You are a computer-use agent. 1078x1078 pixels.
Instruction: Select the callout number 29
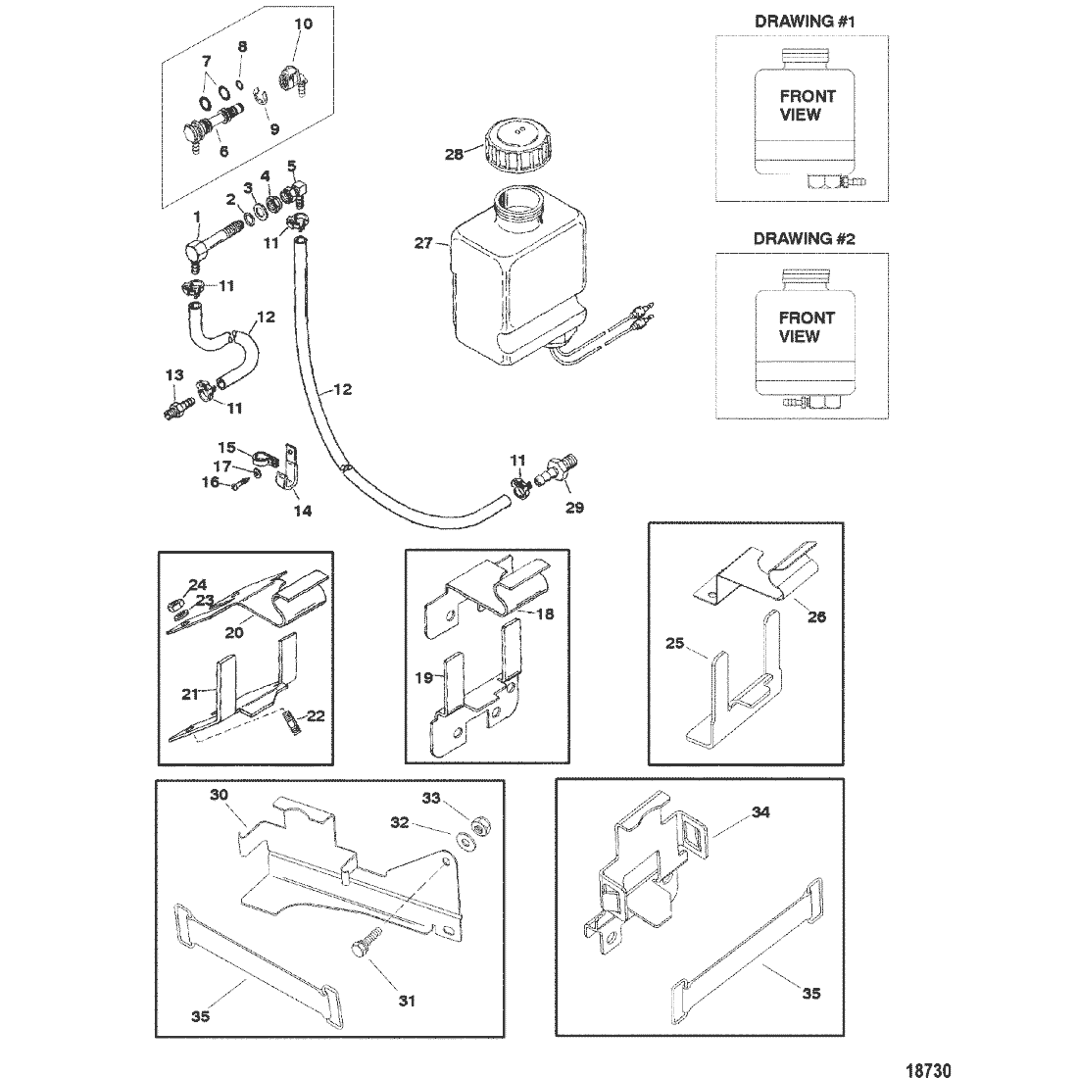click(574, 508)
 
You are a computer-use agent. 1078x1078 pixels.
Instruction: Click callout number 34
click(761, 811)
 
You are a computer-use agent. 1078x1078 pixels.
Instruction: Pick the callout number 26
click(817, 616)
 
